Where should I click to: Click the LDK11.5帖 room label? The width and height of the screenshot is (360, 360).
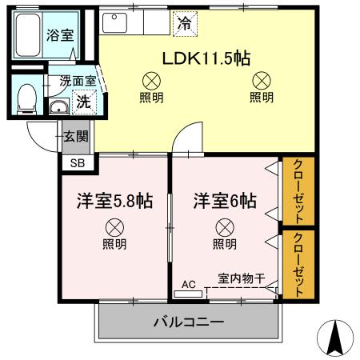[x=206, y=58]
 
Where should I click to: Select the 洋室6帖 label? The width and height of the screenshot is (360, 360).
[x=225, y=202]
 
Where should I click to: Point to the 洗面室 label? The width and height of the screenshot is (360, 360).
[x=78, y=82]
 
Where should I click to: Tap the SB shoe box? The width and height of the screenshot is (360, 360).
[x=78, y=163]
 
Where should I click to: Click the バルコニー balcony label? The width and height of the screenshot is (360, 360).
[x=190, y=323]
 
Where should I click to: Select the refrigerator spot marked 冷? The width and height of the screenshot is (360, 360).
[x=184, y=22]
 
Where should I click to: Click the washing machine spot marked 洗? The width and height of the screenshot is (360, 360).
[x=82, y=102]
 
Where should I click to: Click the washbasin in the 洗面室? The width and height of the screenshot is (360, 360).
[x=58, y=108]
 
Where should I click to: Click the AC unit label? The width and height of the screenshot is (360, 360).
[x=189, y=283]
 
